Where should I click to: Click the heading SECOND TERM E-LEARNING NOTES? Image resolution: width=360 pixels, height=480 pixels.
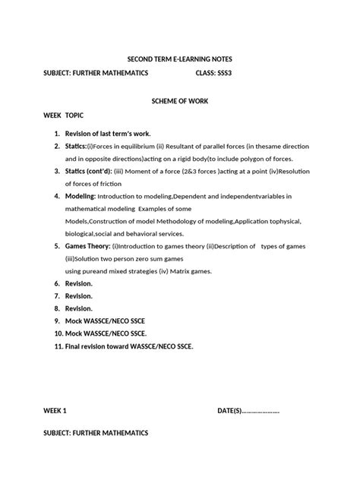[179, 59]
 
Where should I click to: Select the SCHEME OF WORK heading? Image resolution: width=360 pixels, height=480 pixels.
[179, 102]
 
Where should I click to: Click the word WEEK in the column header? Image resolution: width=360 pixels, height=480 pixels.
[52, 118]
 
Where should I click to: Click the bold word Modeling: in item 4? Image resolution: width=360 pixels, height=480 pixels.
[81, 196]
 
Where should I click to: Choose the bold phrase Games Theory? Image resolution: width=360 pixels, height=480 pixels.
[87, 246]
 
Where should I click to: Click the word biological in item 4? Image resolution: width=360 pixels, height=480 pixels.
[81, 234]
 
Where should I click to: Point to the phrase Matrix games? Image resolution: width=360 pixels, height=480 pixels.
[189, 271]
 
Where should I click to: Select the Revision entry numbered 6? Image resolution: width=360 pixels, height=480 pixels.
[78, 283]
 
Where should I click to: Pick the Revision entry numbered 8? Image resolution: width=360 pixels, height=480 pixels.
[78, 308]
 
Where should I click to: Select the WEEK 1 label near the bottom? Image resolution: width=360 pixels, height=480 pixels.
[55, 411]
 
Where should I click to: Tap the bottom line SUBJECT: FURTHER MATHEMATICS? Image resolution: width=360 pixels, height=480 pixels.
[95, 433]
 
